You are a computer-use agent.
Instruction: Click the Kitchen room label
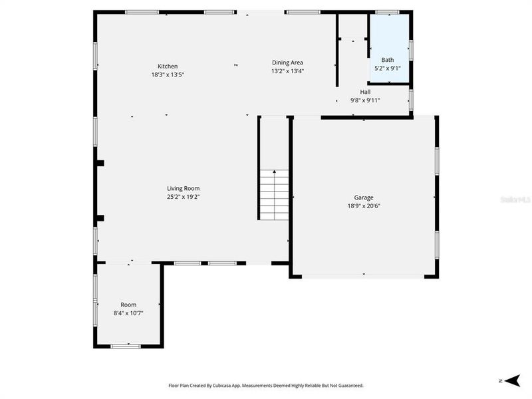click(x=167, y=66)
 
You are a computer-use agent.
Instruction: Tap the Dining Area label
click(x=287, y=63)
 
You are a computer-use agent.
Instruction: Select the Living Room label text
click(x=183, y=188)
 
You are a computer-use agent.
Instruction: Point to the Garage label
click(x=363, y=198)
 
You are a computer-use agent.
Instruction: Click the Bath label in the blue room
click(x=387, y=60)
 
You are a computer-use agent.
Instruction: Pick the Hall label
click(x=365, y=92)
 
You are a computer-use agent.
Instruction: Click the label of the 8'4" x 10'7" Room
click(x=128, y=305)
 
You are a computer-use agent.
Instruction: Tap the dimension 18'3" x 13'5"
click(x=167, y=74)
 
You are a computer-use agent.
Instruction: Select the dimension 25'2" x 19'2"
click(x=183, y=197)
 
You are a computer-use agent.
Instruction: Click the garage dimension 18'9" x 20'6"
click(x=363, y=206)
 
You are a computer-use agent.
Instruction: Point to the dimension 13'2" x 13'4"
click(x=287, y=71)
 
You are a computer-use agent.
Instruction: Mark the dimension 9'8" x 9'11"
click(x=365, y=100)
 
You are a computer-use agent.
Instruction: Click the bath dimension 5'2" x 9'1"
click(x=387, y=68)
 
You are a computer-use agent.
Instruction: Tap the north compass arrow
click(x=511, y=380)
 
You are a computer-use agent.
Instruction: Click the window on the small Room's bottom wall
click(x=125, y=346)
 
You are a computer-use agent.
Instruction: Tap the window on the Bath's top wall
click(x=387, y=12)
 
